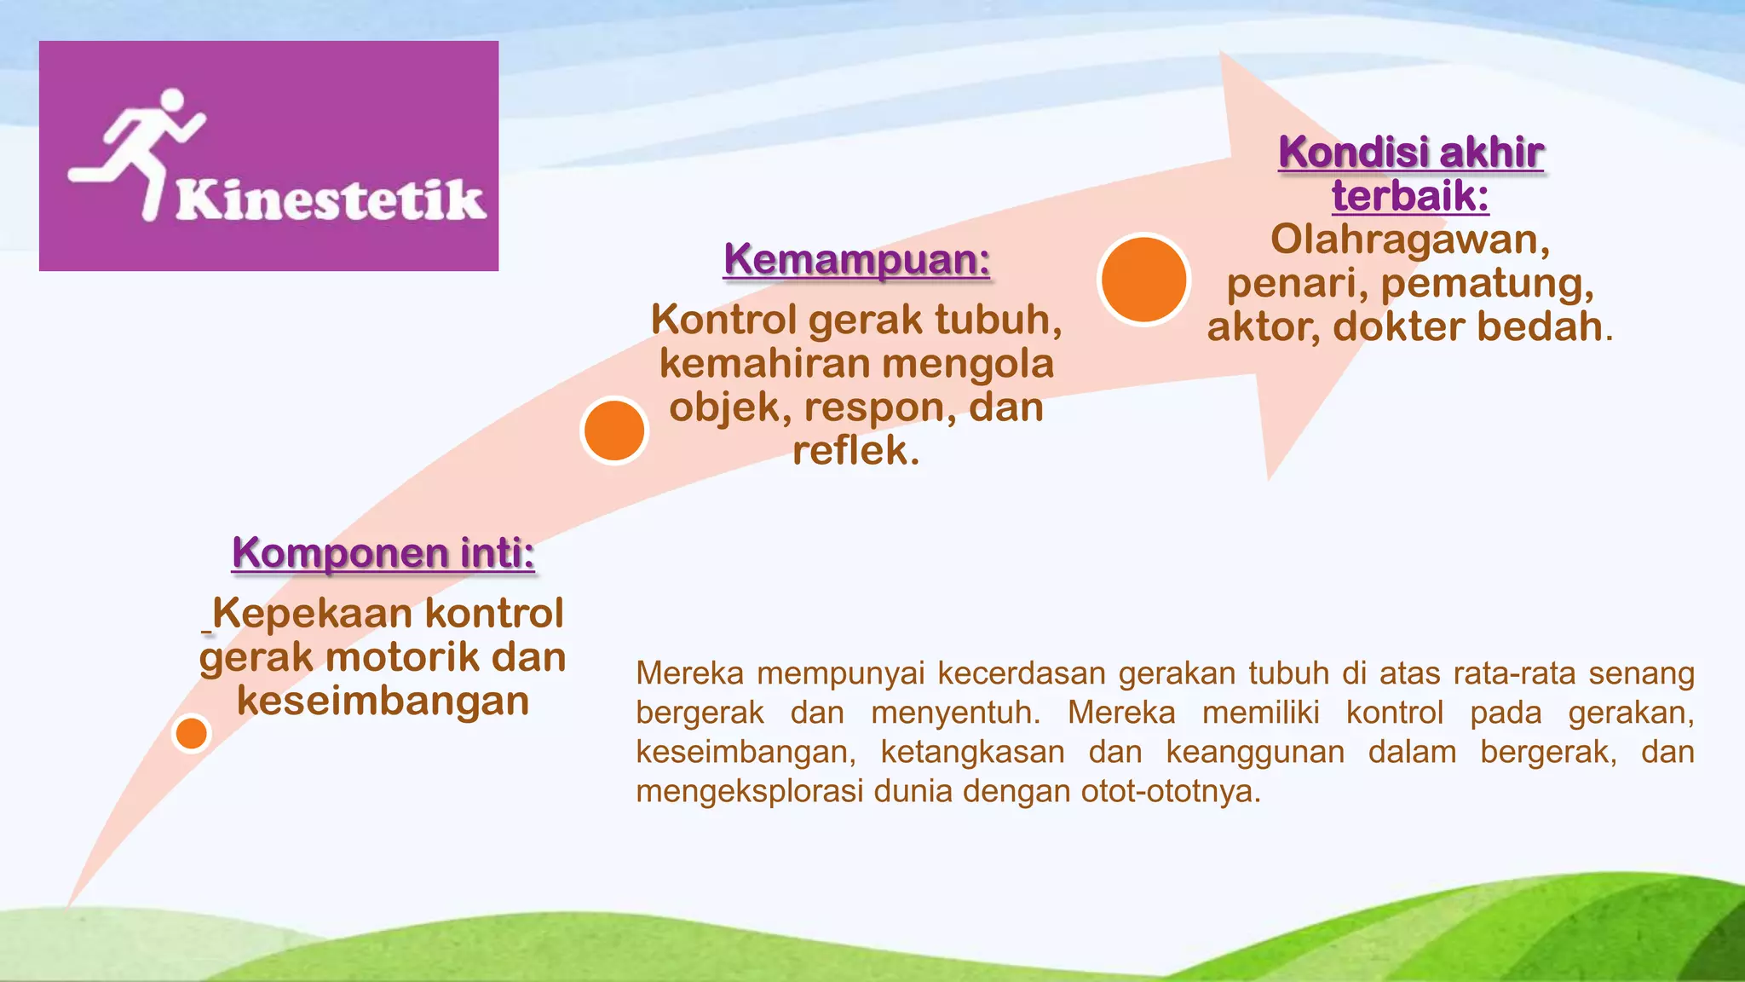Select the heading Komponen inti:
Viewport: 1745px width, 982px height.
coord(383,552)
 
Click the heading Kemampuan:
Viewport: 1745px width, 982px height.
coord(856,259)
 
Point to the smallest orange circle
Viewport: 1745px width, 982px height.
coord(191,733)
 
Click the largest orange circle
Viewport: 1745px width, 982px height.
coord(1143,280)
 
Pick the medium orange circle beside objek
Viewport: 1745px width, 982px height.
coord(614,430)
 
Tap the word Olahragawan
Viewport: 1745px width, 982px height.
coord(1409,240)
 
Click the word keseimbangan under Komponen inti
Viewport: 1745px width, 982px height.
coord(383,701)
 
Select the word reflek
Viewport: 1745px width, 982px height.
coord(855,451)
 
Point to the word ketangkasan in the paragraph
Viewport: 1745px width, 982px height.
coord(972,753)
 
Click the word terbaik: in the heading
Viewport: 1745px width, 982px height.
coord(1410,196)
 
